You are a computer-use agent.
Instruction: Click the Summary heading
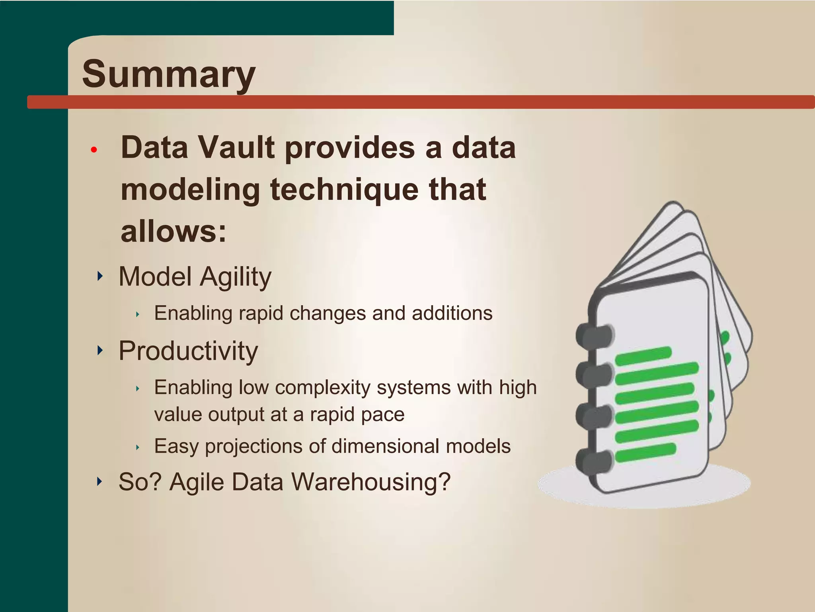(169, 74)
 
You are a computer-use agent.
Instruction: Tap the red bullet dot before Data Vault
(94, 150)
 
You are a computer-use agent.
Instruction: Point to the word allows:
(174, 231)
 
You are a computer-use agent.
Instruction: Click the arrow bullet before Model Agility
(100, 276)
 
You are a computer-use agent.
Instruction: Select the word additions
(452, 313)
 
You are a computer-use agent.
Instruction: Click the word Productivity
(188, 351)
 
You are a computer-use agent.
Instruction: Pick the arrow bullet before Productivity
(100, 350)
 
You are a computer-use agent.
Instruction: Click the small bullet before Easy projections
(138, 447)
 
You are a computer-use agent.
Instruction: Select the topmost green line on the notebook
(643, 355)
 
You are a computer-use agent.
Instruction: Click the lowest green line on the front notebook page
(645, 452)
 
